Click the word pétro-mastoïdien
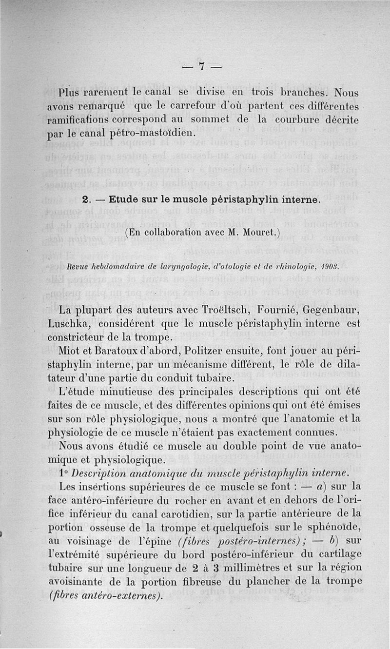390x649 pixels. click(x=155, y=132)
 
